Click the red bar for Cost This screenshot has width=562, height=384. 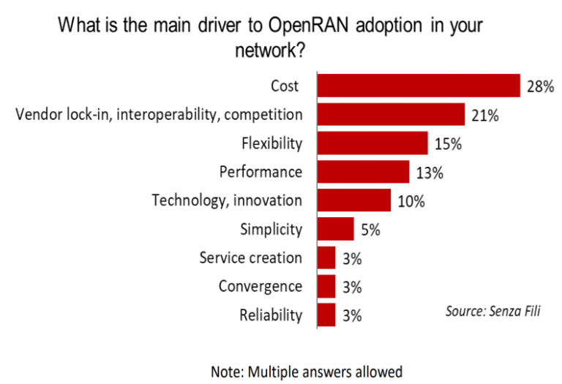coord(418,86)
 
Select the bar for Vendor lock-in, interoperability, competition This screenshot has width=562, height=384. coord(391,115)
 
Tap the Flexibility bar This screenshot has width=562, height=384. coord(372,143)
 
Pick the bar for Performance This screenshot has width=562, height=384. coord(362,172)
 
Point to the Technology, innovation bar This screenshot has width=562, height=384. coord(353,200)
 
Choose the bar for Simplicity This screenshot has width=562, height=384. coord(335,229)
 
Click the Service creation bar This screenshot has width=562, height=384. coord(326,257)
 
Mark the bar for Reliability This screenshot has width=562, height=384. coord(326,315)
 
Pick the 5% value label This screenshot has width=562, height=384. coord(370,230)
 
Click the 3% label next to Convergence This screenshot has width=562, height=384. coord(352,287)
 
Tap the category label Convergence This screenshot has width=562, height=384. coord(260,286)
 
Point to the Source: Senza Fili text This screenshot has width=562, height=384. coord(494,310)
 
